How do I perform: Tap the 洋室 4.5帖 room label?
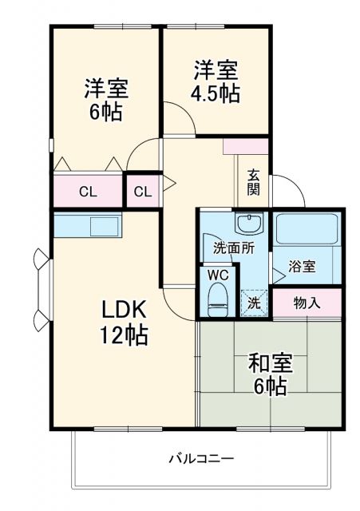pyautogui.click(x=215, y=81)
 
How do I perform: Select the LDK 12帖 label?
pyautogui.click(x=123, y=321)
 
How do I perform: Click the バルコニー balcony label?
pyautogui.click(x=200, y=459)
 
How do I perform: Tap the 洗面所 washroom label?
pyautogui.click(x=233, y=248)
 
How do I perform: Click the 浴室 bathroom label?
pyautogui.click(x=303, y=266)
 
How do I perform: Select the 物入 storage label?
pyautogui.click(x=307, y=303)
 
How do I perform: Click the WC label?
pyautogui.click(x=218, y=274)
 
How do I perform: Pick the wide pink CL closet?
pyautogui.click(x=89, y=192)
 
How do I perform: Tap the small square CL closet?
pyautogui.click(x=143, y=192)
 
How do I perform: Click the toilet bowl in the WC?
pyautogui.click(x=217, y=299)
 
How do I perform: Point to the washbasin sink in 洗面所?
pyautogui.click(x=248, y=222)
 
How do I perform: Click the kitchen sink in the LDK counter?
pyautogui.click(x=104, y=226)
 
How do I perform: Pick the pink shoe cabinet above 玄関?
pyautogui.click(x=245, y=147)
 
